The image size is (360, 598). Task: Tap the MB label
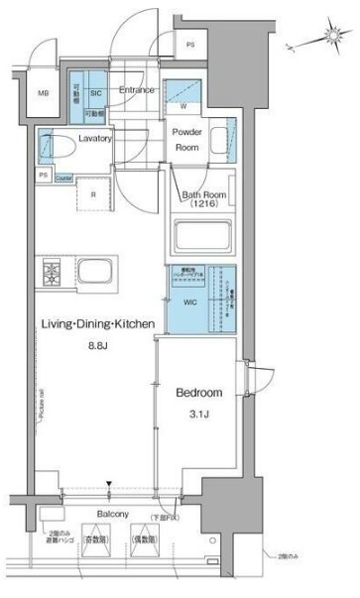(x=43, y=94)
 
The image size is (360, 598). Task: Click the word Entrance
(x=136, y=90)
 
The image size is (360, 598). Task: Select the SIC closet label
(x=96, y=92)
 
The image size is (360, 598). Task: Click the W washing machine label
(x=185, y=105)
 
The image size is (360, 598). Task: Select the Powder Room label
(x=188, y=139)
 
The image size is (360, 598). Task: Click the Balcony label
(x=114, y=516)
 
